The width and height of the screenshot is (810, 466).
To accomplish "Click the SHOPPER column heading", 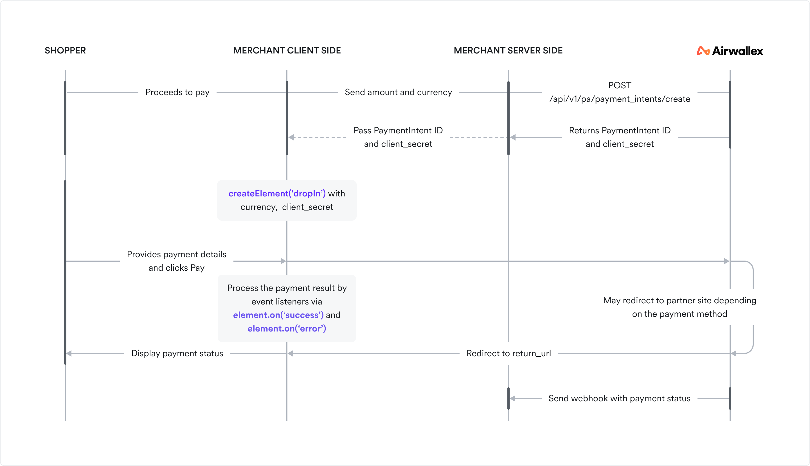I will point(65,51).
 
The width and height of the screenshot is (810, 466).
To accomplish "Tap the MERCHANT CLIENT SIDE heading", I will point(287,51).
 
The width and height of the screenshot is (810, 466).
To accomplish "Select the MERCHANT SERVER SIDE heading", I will point(508,51).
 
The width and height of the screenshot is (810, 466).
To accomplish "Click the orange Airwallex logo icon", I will point(703,51).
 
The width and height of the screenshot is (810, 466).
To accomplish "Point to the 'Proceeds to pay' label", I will point(177,93).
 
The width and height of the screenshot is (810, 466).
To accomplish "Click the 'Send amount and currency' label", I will point(398,93).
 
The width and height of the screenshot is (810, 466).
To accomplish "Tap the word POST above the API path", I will point(619,86).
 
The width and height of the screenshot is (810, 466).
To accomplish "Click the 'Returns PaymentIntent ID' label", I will point(619,131).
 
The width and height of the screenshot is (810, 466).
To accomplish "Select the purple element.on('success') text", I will point(278,315).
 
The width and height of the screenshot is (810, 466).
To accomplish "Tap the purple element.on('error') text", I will point(287,329).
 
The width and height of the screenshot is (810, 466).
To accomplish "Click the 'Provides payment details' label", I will point(177,254).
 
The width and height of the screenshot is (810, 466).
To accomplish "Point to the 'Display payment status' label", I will point(177,353).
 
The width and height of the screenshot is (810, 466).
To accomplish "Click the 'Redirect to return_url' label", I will point(508,353).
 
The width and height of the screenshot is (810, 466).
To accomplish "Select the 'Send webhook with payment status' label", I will point(619,398).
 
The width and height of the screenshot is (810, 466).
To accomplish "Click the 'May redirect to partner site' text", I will point(679,301).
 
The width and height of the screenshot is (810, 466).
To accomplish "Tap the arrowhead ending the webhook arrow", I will point(513,398).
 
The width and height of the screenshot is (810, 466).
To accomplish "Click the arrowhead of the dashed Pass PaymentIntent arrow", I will point(291,137).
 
